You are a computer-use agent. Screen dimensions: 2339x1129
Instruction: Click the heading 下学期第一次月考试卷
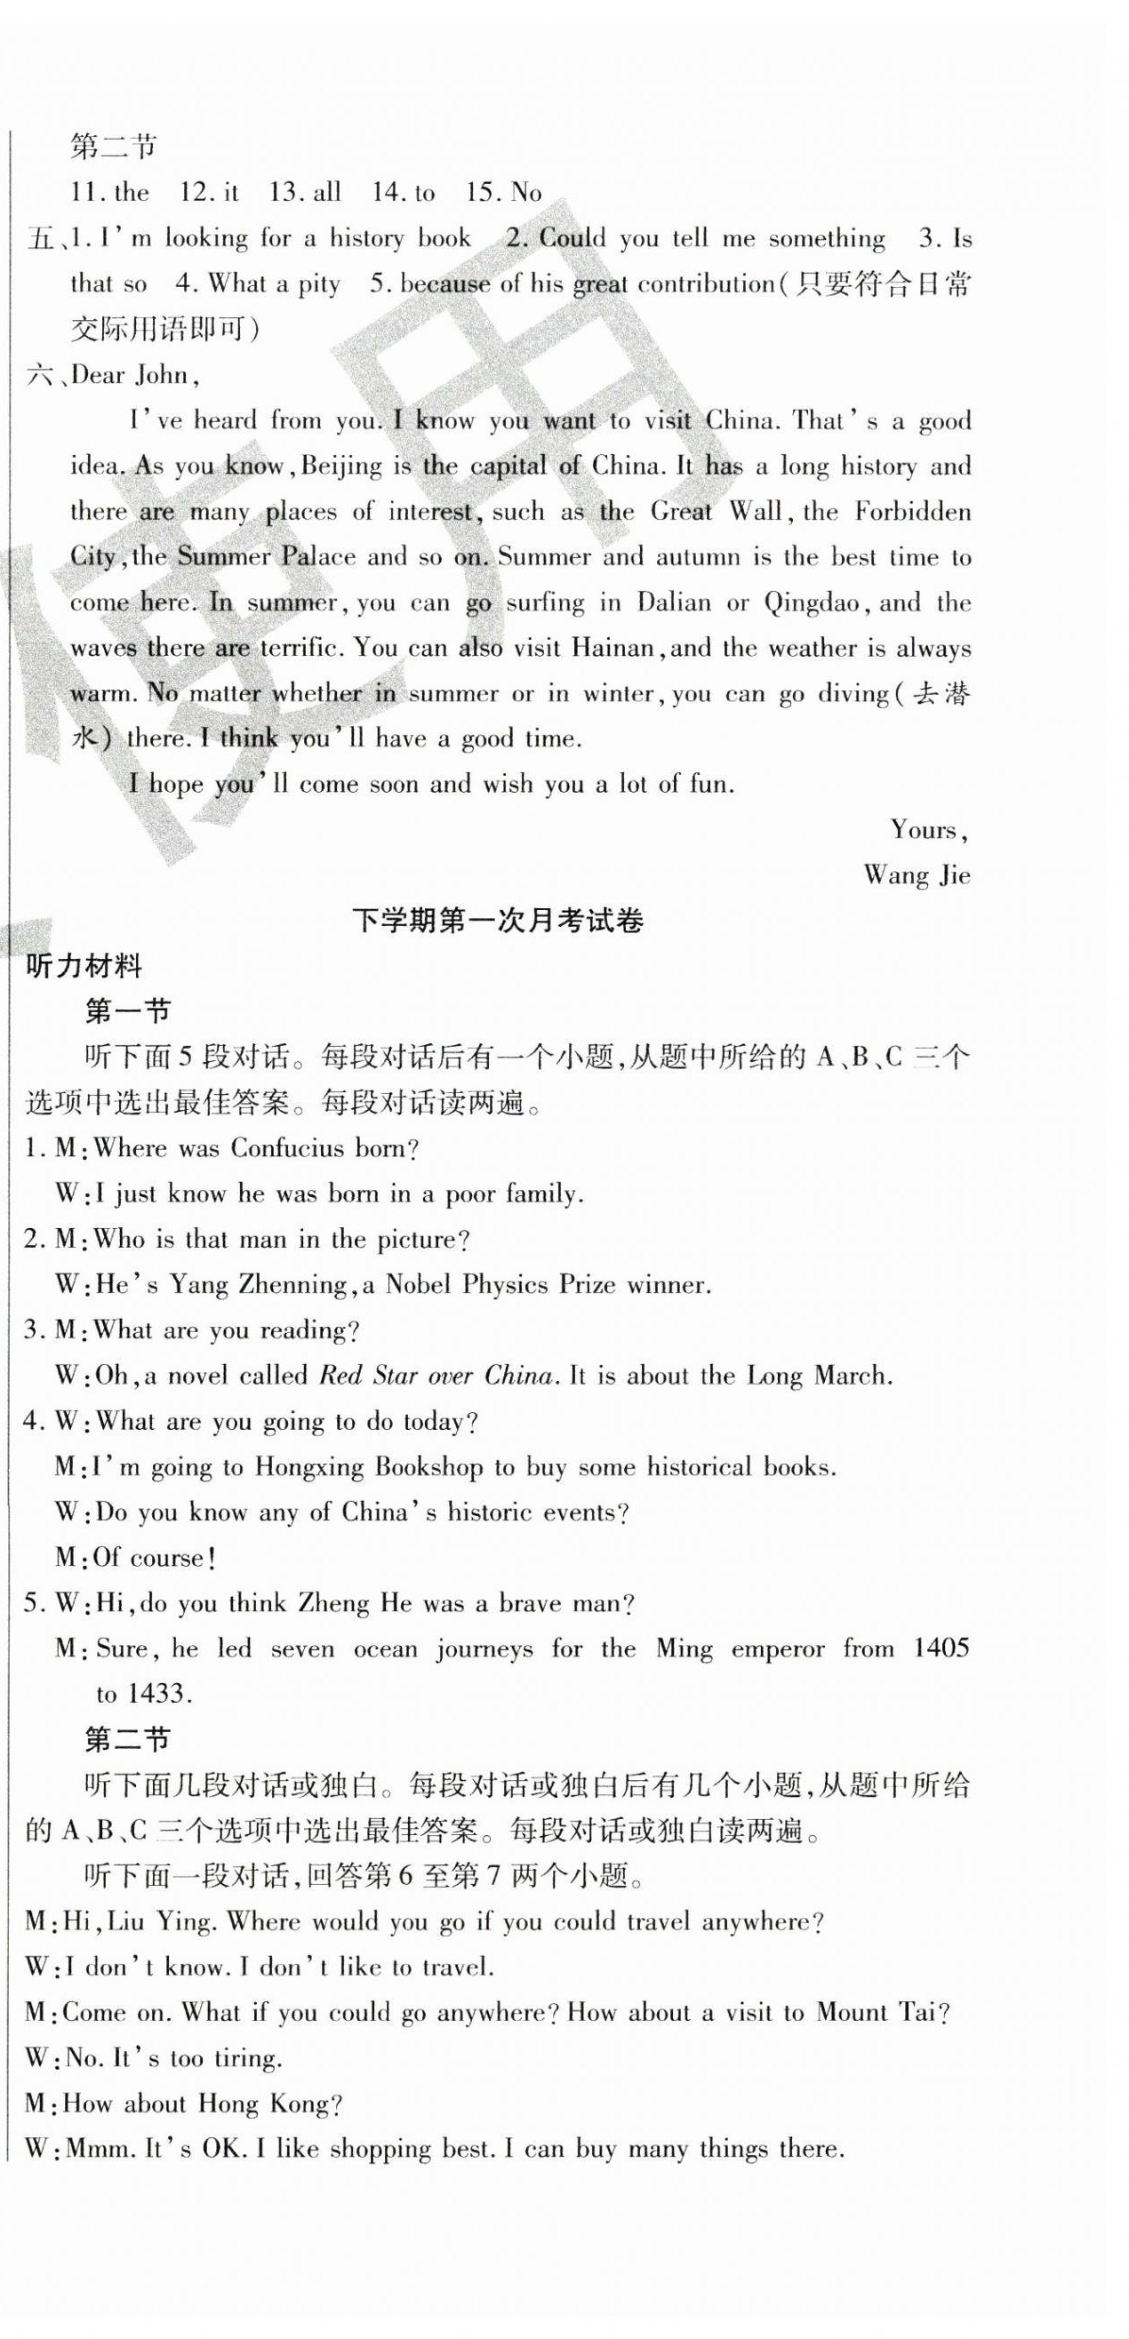click(497, 922)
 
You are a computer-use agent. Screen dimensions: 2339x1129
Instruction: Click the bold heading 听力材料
click(84, 967)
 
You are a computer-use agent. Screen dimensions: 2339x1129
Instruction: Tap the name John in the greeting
click(163, 376)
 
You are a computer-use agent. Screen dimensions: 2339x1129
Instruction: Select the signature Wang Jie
click(917, 876)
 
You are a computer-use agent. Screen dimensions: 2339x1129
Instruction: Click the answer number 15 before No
click(482, 193)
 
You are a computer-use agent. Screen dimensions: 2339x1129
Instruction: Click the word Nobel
click(419, 1285)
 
